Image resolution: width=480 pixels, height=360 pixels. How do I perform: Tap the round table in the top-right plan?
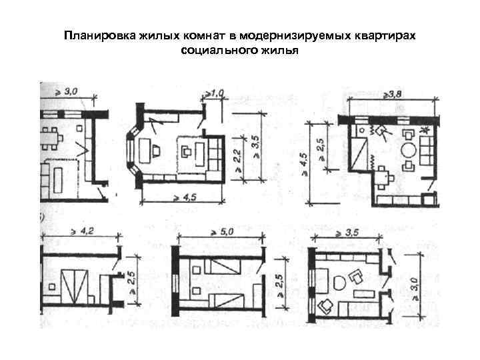[408, 147]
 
